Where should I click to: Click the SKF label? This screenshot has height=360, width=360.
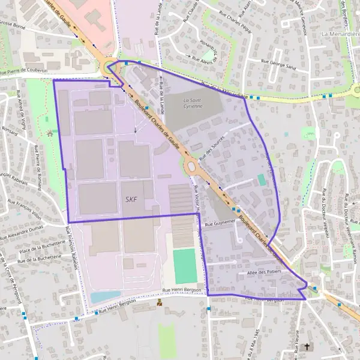point(131,199)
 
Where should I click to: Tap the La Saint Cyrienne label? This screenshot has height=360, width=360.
point(193,103)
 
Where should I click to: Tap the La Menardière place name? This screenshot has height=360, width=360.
point(340,34)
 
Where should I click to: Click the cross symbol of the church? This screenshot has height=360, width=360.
point(308,346)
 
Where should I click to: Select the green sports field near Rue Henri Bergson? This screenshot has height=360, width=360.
point(185,266)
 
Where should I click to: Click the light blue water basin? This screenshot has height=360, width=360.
point(106,297)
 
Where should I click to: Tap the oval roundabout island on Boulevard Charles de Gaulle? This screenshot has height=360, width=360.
point(191,166)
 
